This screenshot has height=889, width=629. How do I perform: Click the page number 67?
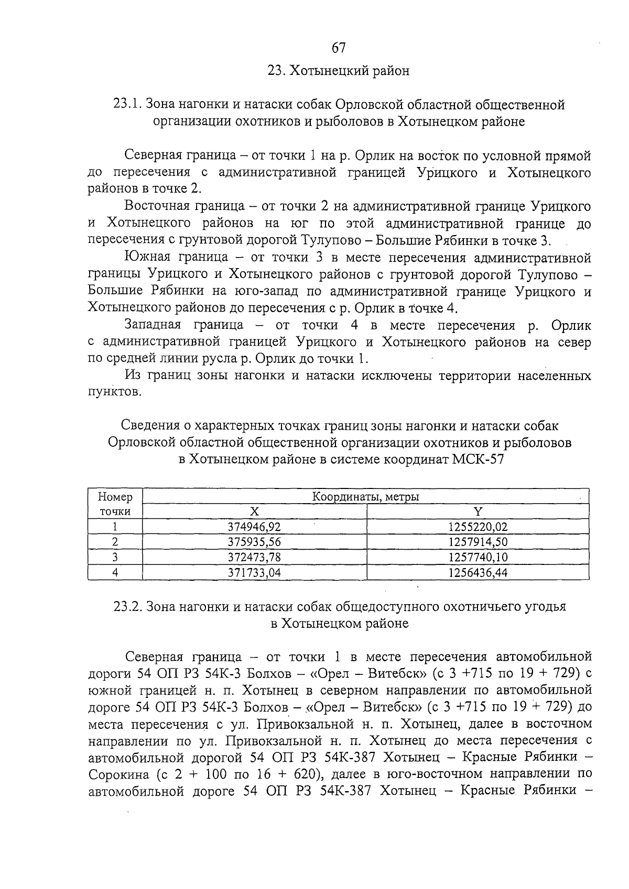tap(339, 48)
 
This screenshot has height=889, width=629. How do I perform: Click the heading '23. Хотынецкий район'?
tap(339, 70)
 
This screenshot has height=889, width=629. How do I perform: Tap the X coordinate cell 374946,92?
tap(254, 527)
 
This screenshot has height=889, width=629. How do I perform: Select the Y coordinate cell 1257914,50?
tap(478, 542)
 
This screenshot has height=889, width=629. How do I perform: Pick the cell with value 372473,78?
tap(254, 557)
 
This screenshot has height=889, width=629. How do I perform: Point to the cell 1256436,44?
tap(478, 572)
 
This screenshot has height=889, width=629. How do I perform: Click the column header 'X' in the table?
tap(254, 512)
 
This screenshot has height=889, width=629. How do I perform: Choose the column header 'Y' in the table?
tap(478, 512)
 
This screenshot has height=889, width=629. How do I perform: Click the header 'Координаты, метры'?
tap(365, 496)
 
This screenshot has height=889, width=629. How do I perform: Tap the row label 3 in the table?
tap(115, 557)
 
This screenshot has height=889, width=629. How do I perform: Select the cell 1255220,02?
tap(478, 527)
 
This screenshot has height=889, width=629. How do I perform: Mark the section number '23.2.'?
tap(128, 606)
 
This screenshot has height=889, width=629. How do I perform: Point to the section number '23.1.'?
tap(127, 104)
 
